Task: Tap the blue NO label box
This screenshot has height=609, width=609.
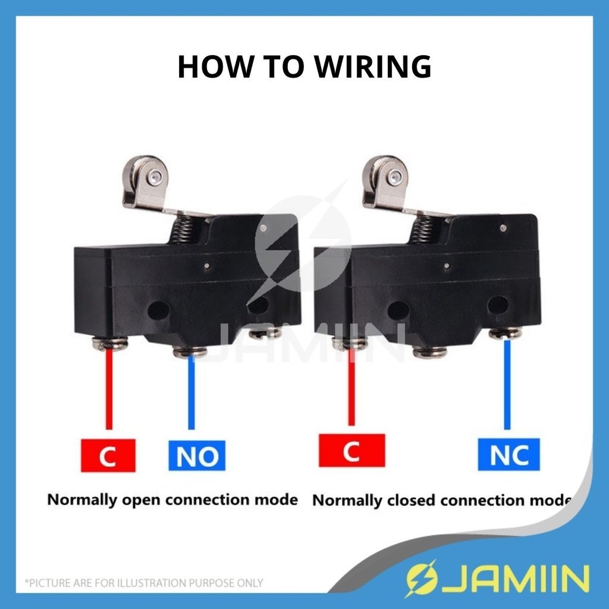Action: (x=197, y=455)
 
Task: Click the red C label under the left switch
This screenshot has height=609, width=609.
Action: (x=108, y=456)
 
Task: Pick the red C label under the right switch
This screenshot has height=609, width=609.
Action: (x=351, y=451)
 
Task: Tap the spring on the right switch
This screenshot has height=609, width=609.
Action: (x=423, y=228)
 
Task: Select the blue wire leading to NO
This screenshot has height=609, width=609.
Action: (x=191, y=393)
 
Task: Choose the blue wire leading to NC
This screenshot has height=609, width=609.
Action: (x=507, y=384)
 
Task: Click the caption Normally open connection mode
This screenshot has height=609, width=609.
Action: (x=172, y=499)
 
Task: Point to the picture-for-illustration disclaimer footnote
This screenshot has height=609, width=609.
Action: (x=143, y=583)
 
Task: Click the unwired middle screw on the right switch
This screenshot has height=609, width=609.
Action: (x=429, y=352)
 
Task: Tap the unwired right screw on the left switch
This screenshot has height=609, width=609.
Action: (x=265, y=334)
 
